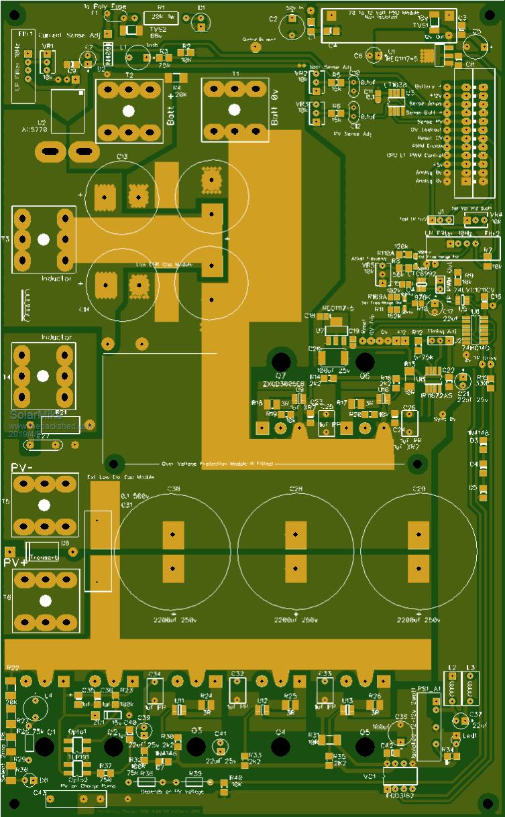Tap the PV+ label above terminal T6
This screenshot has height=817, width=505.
click(x=17, y=562)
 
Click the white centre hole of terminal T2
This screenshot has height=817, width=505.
click(x=129, y=111)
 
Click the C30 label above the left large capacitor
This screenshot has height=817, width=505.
click(x=173, y=490)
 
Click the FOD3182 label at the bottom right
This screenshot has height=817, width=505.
click(x=400, y=796)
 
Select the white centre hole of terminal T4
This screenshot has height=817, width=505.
click(x=43, y=377)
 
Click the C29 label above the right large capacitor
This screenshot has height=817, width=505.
click(x=419, y=490)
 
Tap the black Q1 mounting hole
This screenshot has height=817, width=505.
click(x=45, y=746)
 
